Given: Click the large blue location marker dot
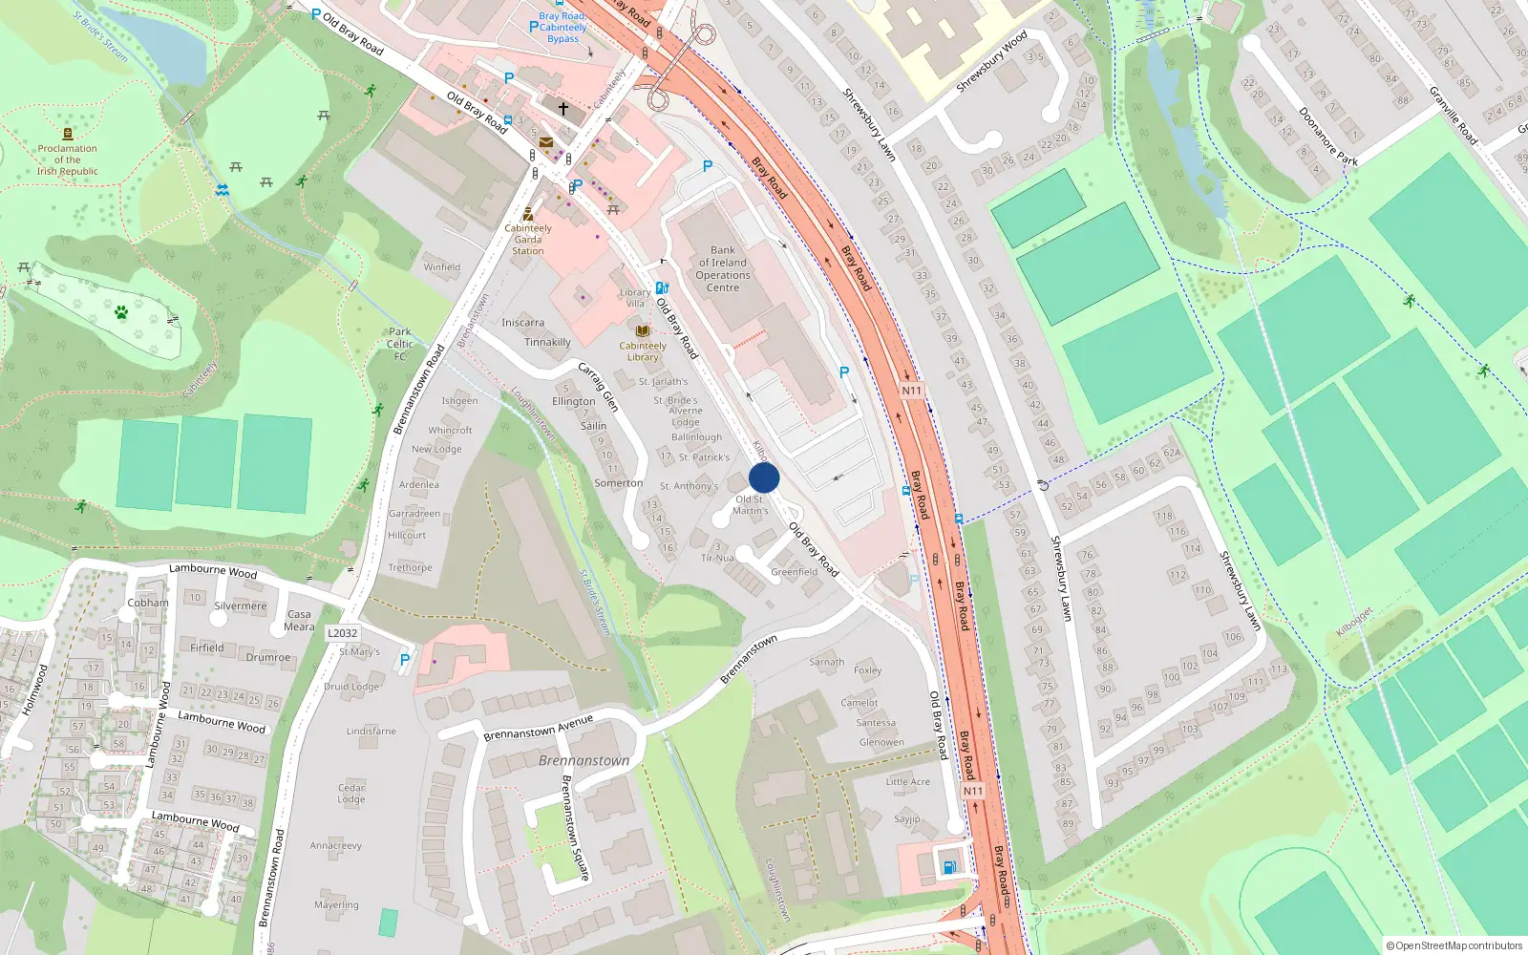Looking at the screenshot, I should click(764, 478).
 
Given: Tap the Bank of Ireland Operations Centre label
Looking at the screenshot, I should click(723, 269).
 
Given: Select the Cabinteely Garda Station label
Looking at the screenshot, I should click(528, 239).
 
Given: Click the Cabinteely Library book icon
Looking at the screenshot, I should click(643, 330).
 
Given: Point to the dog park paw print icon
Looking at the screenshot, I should click(121, 311).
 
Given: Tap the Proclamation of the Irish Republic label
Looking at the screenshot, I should click(68, 159).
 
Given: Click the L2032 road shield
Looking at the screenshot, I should click(342, 633).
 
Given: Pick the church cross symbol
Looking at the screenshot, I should click(563, 109).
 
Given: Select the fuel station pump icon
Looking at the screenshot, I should click(949, 867).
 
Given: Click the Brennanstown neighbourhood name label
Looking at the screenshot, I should click(584, 761).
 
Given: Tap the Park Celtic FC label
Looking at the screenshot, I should click(400, 344).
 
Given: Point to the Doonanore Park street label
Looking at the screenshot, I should click(1327, 136).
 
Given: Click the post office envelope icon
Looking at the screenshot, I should click(546, 142).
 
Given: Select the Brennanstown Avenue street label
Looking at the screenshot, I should click(538, 728).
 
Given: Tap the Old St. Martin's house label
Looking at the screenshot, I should click(751, 505).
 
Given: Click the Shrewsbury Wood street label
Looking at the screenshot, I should click(991, 62).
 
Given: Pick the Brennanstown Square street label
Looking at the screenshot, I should click(575, 827).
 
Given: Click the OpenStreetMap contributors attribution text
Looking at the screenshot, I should click(1454, 945).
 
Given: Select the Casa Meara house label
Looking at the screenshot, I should click(299, 621).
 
